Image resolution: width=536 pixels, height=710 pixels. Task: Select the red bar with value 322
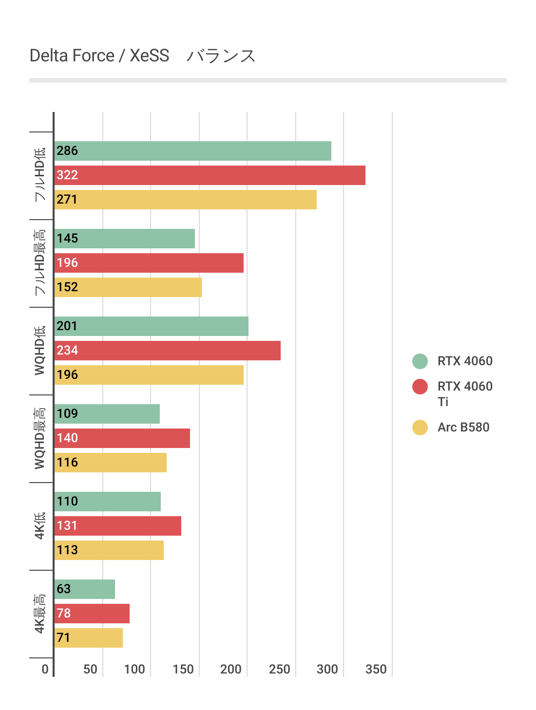pos(210,175)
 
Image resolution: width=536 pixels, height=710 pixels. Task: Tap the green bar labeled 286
pos(192,151)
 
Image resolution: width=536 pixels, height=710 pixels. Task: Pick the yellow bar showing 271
pos(185,200)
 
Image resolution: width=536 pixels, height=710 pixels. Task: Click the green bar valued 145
pos(124,239)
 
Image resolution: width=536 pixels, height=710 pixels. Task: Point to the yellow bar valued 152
pos(128,287)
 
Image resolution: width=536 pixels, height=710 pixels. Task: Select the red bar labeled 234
pos(167,351)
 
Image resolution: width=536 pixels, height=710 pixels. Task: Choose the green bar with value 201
pos(151,326)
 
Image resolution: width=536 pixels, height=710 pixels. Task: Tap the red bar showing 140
pos(122,438)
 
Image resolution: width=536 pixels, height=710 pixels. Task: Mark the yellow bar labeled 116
pos(110,463)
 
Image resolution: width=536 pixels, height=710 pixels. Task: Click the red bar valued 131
pos(117,526)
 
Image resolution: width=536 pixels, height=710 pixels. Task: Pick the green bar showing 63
pos(84,589)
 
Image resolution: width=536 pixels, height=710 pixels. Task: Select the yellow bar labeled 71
pos(88,638)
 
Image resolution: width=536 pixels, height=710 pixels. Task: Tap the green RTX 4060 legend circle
pos(420,361)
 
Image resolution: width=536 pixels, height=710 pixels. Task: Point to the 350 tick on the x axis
pos(376,670)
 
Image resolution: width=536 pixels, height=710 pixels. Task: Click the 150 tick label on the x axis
pos(183,670)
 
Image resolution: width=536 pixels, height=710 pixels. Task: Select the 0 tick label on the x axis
pos(45,670)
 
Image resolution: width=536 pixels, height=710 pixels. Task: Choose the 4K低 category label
pos(40,526)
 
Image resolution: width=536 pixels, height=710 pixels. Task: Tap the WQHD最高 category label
pos(40,438)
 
